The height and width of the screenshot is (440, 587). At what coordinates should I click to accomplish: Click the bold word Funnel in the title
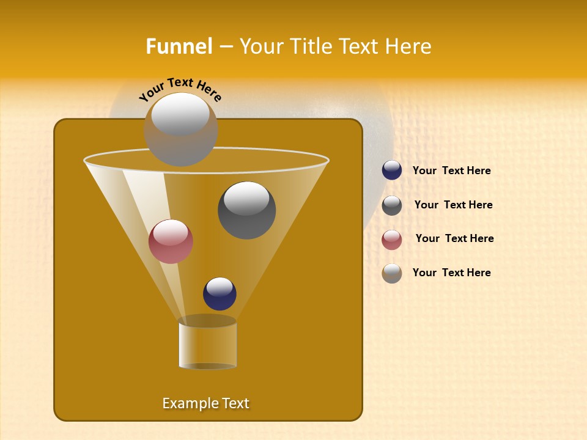coord(179,46)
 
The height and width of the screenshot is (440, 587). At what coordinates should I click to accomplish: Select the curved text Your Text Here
coord(180,89)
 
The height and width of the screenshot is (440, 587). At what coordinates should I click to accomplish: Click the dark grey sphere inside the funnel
coord(247,211)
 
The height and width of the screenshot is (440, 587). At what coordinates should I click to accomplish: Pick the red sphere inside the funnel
coord(171,241)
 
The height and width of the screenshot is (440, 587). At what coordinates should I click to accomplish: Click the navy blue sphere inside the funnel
coord(220,294)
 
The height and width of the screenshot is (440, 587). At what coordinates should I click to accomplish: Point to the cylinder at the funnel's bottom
coord(208,343)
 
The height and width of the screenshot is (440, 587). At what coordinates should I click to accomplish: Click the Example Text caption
coord(205,403)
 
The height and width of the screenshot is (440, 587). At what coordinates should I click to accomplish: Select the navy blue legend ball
coord(392,170)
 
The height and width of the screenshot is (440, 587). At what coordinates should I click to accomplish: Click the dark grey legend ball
coord(392,205)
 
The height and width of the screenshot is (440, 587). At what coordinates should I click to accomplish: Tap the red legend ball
coord(392,240)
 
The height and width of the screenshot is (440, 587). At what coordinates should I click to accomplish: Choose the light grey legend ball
coord(392,273)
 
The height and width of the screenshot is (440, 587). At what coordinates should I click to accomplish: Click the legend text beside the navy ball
coord(451,170)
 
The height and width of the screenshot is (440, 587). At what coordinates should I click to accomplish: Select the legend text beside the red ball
coord(454,238)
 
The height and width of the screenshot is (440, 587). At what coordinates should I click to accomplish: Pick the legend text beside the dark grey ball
coord(453,205)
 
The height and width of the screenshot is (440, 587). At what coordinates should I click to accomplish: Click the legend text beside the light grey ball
coord(451,273)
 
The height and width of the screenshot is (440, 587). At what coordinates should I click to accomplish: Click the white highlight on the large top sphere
coord(180,114)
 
